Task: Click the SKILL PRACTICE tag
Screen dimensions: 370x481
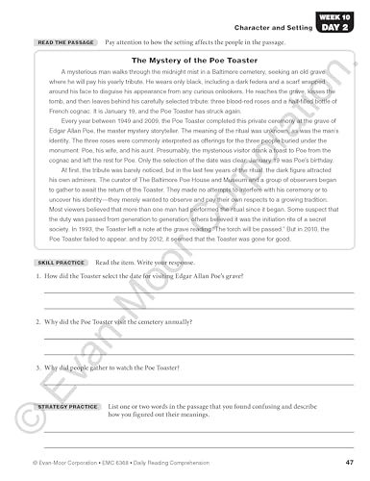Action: (x=61, y=262)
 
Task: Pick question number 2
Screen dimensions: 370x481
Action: (x=37, y=319)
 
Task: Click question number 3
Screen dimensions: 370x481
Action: (x=37, y=367)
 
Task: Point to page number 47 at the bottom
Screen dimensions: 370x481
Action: (x=346, y=462)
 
